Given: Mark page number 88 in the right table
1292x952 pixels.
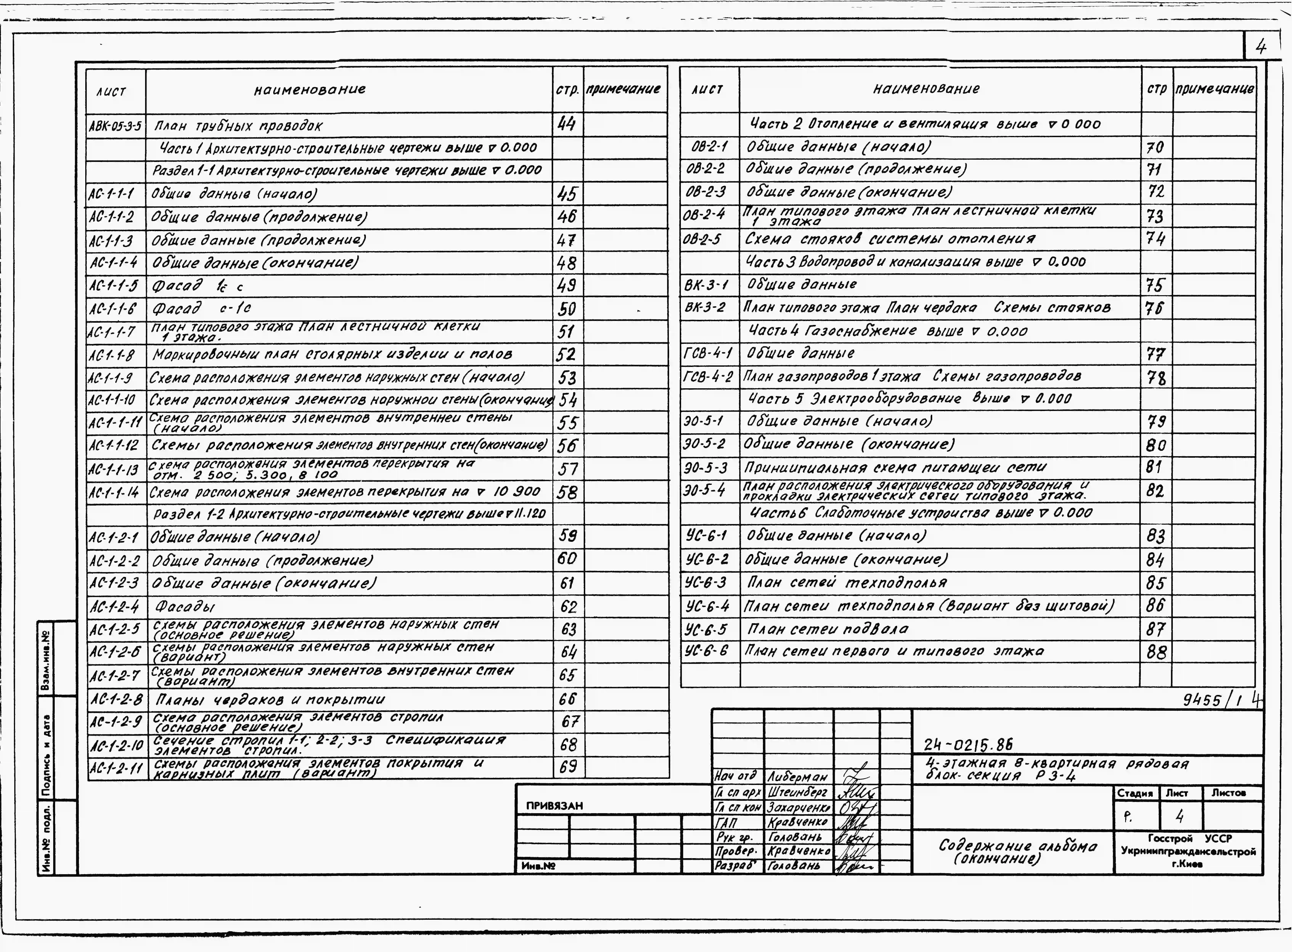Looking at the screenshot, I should coord(1156,652).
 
